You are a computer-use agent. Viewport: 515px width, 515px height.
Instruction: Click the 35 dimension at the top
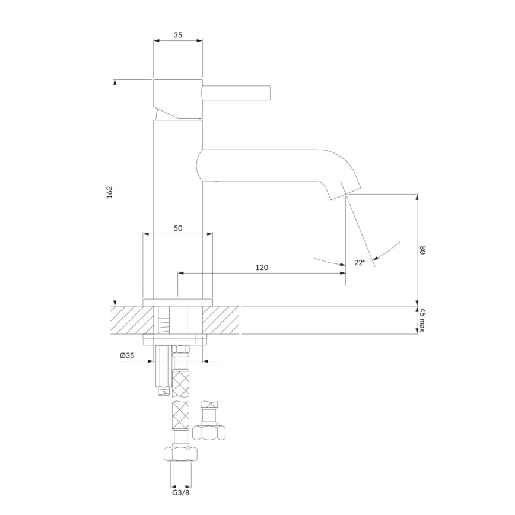178,36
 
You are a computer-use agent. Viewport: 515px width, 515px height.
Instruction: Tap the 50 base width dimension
178,228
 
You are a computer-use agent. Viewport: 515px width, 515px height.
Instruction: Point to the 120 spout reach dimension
262,268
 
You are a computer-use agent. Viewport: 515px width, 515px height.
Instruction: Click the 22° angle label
360,263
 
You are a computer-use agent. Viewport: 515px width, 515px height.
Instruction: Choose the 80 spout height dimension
423,250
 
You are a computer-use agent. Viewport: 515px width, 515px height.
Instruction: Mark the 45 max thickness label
423,320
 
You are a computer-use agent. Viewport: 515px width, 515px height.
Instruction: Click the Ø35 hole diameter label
127,355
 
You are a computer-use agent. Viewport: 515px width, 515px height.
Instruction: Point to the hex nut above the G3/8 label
180,455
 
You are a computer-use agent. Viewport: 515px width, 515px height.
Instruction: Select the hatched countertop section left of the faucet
132,320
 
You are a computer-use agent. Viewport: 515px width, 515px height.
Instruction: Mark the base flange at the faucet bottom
177,301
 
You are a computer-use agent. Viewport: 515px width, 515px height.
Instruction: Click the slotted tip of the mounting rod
161,390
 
